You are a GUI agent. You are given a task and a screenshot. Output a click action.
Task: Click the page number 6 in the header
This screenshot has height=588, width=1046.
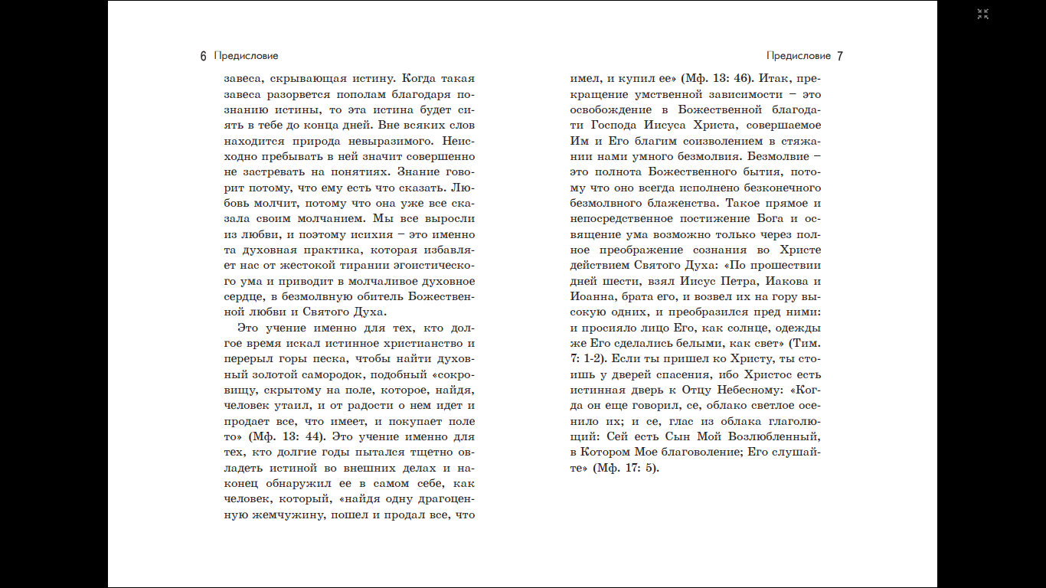point(203,56)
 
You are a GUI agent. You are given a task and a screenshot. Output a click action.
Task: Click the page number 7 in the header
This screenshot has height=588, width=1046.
point(840,56)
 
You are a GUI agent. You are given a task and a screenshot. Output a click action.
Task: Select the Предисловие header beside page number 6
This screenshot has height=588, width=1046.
point(247,56)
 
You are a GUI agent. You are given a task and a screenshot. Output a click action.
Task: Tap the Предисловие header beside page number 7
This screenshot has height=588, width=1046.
point(799,56)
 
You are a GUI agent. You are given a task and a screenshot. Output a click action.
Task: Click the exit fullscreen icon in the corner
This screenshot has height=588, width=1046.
point(983,14)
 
